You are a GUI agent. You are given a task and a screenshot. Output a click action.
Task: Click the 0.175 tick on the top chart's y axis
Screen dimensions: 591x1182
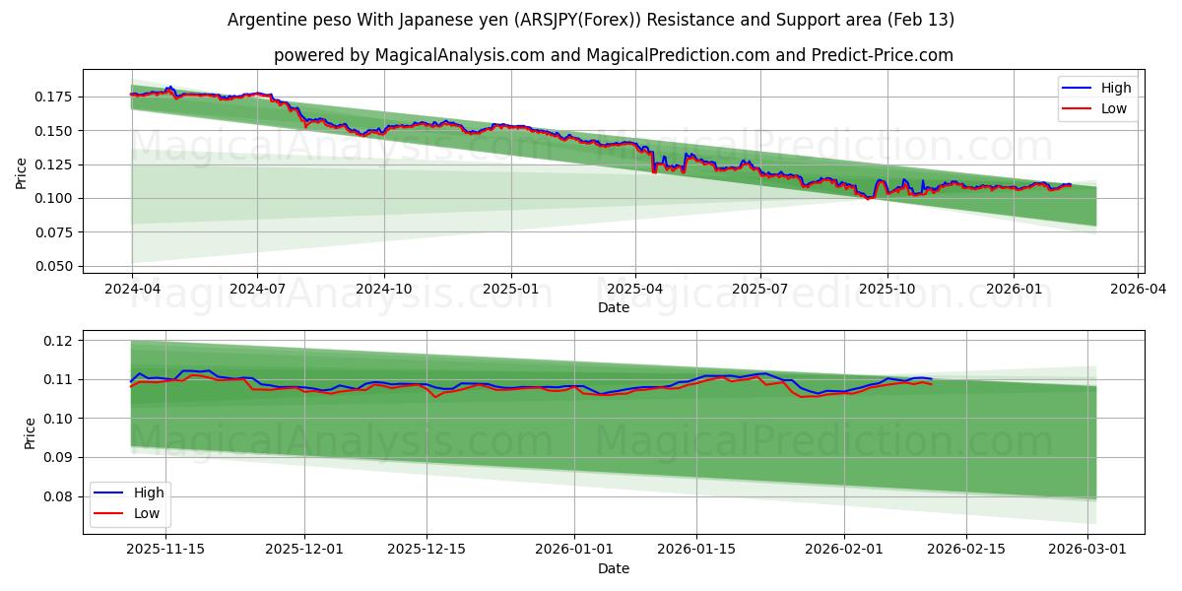point(54,97)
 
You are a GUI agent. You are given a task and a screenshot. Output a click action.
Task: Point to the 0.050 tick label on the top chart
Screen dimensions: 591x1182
point(54,266)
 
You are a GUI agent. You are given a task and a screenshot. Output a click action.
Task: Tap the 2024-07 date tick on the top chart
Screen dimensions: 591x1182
point(257,290)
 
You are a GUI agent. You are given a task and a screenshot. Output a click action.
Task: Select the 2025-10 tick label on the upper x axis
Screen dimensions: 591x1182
point(886,290)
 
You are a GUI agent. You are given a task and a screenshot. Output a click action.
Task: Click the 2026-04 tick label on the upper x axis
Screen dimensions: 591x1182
point(1139,290)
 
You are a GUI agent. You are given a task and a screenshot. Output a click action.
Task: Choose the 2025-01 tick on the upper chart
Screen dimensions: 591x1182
point(509,290)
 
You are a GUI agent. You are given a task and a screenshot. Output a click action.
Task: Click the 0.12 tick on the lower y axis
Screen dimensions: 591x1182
point(58,341)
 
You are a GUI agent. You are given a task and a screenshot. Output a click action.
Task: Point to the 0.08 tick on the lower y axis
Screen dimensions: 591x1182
point(58,496)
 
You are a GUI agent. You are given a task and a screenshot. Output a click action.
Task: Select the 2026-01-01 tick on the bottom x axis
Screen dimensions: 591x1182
point(574,550)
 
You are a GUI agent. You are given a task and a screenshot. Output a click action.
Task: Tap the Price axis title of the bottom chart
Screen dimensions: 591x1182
point(31,433)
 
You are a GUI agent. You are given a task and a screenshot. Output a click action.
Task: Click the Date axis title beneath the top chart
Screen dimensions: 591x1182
point(613,307)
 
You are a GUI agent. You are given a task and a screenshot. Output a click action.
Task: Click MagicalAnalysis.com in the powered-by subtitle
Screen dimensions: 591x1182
point(459,55)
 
